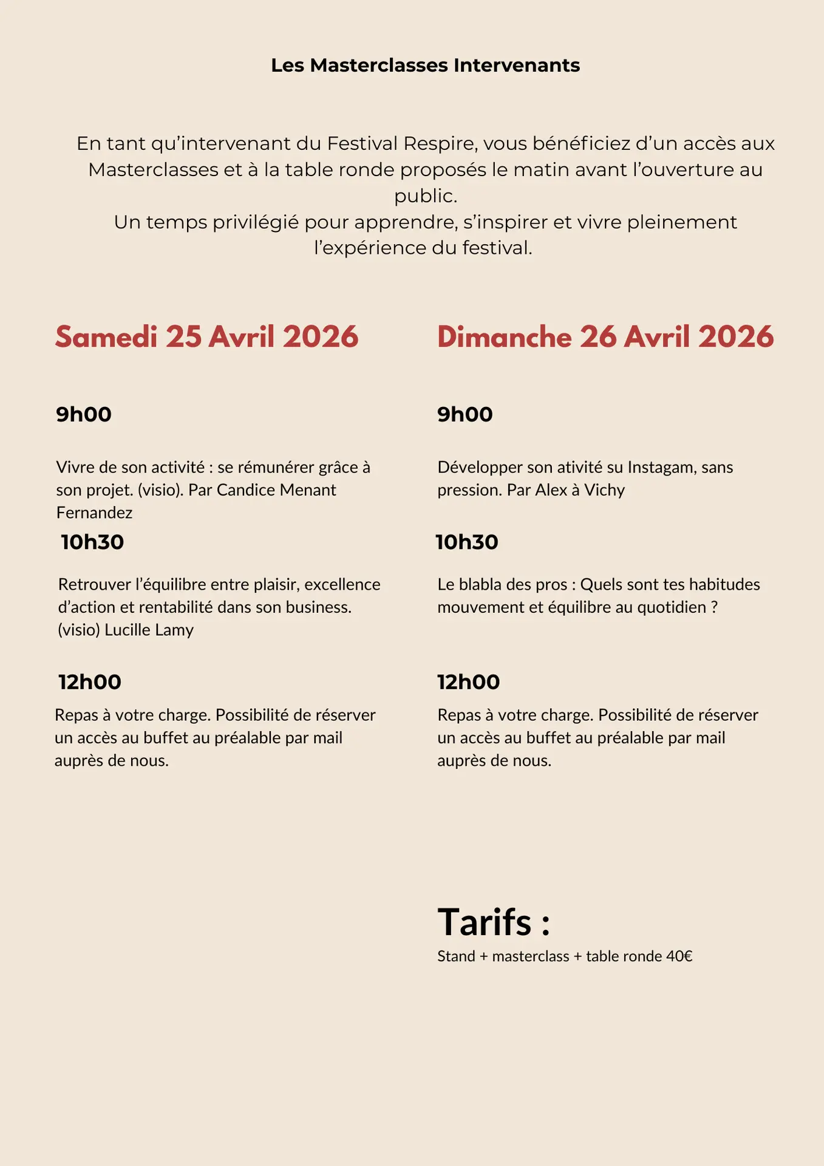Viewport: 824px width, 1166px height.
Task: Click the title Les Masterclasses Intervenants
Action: (425, 65)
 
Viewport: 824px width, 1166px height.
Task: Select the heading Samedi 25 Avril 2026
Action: (206, 337)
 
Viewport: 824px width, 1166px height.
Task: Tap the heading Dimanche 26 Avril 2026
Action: (605, 337)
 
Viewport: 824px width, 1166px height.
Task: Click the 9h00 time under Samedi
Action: (84, 414)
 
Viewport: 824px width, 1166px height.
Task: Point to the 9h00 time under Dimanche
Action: (465, 414)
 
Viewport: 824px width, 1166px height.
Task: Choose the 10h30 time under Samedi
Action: (92, 542)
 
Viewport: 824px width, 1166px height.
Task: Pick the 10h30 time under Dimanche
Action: (466, 542)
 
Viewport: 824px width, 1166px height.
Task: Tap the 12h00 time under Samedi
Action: (90, 682)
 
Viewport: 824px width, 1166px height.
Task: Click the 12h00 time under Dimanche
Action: (468, 682)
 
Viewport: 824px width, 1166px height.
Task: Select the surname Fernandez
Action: (94, 513)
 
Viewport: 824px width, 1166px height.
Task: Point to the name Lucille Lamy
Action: (149, 630)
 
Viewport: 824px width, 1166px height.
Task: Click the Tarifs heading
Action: (494, 922)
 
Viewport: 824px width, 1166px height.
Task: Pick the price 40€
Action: (679, 956)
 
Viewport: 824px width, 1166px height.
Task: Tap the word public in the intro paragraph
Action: (424, 196)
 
